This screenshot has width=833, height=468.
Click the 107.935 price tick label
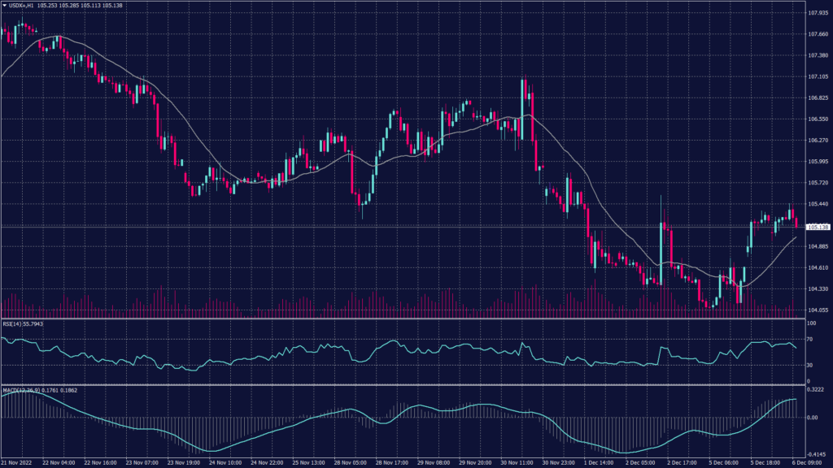818,13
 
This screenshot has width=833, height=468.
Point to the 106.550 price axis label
818,119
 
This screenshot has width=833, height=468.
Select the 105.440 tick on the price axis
818,204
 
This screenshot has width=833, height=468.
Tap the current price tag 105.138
818,227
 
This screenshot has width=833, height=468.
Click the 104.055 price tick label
818,310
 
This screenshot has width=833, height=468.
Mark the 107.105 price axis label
818,76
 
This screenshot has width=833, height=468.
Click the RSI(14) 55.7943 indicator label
24,323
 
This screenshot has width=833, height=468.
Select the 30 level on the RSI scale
810,365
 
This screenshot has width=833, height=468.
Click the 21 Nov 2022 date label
18,462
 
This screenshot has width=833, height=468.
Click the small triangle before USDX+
5,5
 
